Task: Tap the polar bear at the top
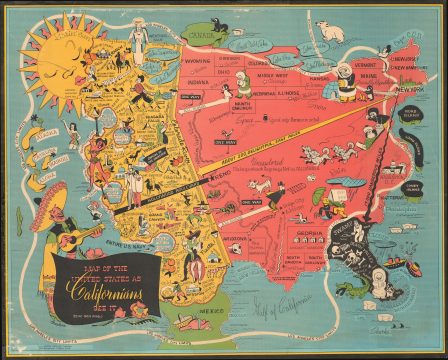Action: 329,31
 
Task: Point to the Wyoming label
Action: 198,72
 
